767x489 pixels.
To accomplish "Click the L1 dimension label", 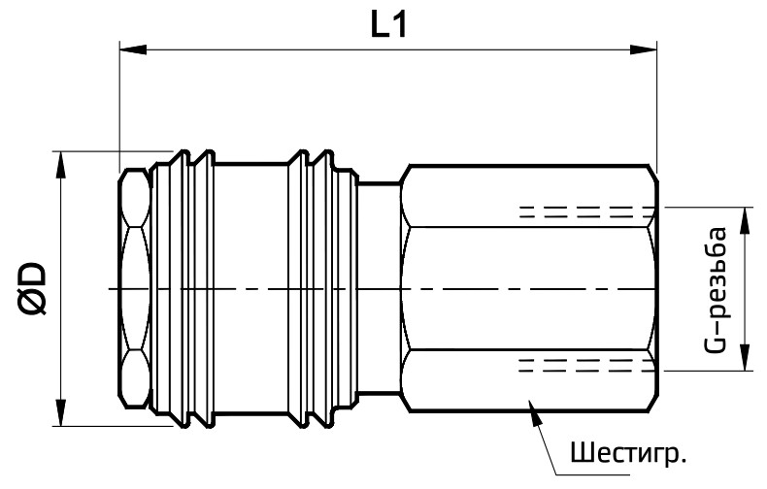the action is pyautogui.click(x=389, y=25).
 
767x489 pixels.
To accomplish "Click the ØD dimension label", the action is pyautogui.click(x=33, y=288).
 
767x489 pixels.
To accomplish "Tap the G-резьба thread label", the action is pyautogui.click(x=717, y=289).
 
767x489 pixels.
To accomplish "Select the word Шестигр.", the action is pyautogui.click(x=628, y=453).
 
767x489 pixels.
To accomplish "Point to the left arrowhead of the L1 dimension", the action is pyautogui.click(x=133, y=49).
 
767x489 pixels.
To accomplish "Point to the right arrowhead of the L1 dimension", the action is pyautogui.click(x=644, y=49).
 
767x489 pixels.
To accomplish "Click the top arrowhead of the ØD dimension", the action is pyautogui.click(x=60, y=165).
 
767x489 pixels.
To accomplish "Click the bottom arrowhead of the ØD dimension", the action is pyautogui.click(x=60, y=412).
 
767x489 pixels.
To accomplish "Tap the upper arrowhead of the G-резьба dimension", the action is pyautogui.click(x=745, y=220).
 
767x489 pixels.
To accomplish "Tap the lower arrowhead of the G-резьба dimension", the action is pyautogui.click(x=745, y=357).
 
